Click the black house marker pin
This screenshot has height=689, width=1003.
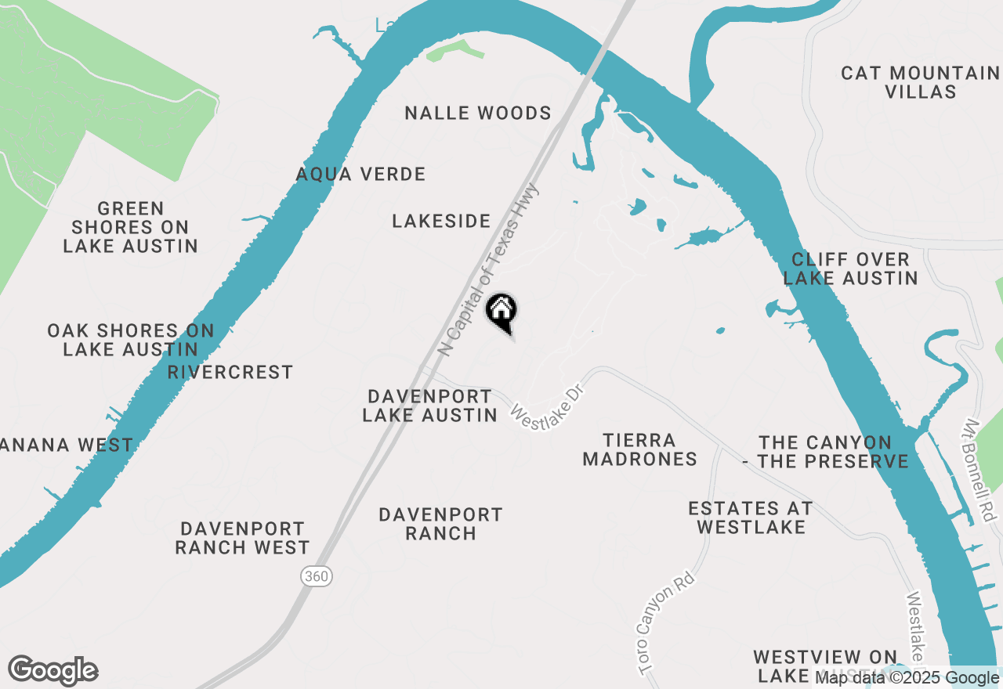point(501,312)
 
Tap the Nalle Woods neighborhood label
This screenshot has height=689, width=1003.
point(478,114)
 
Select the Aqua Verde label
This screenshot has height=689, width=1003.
point(360,174)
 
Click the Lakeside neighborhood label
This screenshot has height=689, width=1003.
point(441,222)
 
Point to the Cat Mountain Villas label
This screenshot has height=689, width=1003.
point(921,82)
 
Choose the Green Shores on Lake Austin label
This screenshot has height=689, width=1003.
point(130,227)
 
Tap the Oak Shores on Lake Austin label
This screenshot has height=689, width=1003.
point(130,340)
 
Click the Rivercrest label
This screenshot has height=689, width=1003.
point(230,372)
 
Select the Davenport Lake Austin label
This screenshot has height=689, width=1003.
point(429,406)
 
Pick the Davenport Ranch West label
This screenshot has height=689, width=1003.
point(242,538)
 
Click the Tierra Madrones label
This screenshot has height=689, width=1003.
point(640,449)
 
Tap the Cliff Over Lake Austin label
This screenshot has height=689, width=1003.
point(850,269)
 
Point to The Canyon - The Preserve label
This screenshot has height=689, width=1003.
point(825,453)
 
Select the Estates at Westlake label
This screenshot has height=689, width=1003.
point(751,518)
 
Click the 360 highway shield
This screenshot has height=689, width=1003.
point(317,576)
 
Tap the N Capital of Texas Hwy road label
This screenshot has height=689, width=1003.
point(489,270)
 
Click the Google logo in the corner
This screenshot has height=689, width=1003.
point(53,670)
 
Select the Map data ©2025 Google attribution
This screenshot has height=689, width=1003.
point(907,678)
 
